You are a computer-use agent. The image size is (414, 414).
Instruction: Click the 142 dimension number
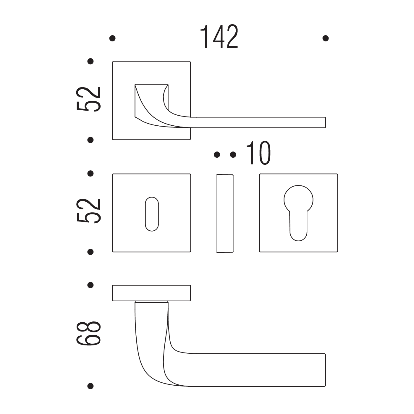[219, 36]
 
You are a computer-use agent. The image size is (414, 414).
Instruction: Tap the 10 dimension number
[258, 153]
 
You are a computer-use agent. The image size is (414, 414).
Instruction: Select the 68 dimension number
[88, 334]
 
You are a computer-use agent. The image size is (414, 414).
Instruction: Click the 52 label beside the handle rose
[88, 99]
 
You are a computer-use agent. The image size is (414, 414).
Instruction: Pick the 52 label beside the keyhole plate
[88, 211]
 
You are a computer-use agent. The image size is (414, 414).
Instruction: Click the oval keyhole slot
[152, 214]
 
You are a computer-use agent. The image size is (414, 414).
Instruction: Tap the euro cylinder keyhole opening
[298, 213]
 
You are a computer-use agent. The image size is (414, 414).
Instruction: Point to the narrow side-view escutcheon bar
[225, 213]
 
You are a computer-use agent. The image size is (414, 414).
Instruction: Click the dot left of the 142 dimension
[112, 38]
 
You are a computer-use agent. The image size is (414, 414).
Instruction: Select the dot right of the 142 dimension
[326, 38]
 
